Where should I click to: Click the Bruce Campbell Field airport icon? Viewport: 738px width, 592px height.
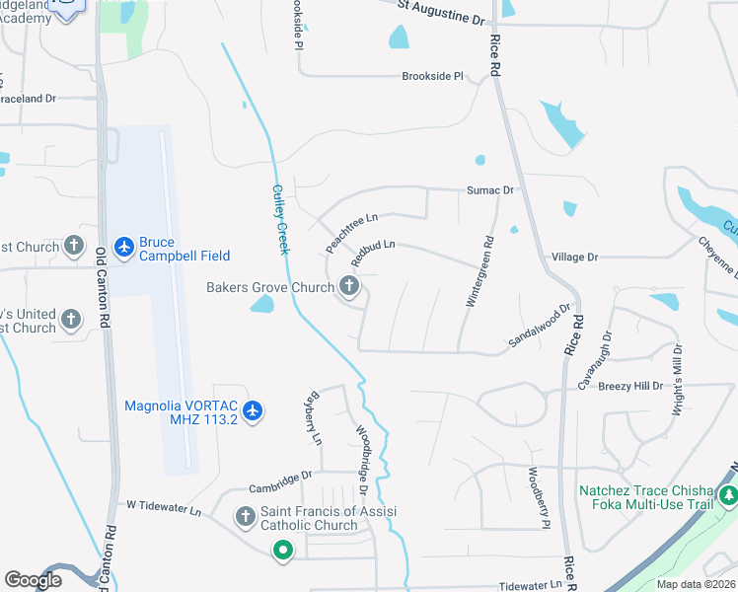123,245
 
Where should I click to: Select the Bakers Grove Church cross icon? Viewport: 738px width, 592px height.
348,287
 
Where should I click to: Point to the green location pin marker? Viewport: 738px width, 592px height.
282,551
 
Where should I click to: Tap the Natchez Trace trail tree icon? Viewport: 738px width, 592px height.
728,495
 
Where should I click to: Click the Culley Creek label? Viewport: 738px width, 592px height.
280,219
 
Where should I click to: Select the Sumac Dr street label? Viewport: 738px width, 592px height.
490,190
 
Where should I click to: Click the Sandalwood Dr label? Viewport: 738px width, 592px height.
540,325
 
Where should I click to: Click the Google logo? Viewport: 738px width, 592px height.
34,580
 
